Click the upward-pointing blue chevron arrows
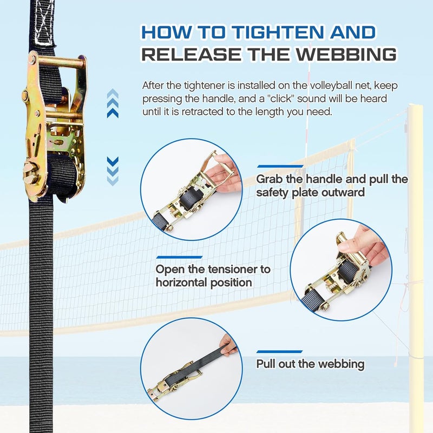[113, 104]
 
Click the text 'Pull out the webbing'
[310, 364]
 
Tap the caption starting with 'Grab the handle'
[332, 185]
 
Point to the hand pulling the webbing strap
[229, 345]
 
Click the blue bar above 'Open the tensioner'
[179, 257]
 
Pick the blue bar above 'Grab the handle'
[280, 166]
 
